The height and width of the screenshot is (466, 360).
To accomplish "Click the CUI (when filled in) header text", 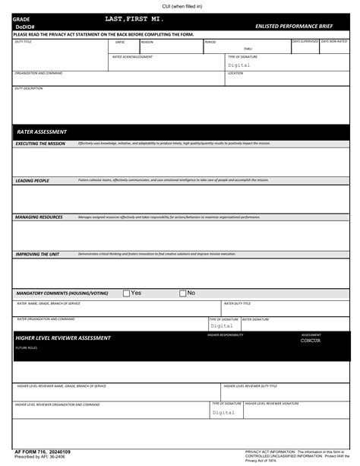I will [180, 6].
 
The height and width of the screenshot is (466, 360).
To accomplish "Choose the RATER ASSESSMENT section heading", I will [42, 132].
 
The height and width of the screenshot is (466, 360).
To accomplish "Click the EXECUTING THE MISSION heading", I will [40, 143].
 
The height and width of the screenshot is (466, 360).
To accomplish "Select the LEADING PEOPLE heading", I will [32, 181].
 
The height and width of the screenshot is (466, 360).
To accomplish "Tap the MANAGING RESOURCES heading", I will [39, 217].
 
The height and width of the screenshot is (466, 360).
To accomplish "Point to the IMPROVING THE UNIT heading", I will [38, 254].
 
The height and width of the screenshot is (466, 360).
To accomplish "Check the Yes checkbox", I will [126, 293].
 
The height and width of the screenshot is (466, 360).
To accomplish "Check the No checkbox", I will [183, 293].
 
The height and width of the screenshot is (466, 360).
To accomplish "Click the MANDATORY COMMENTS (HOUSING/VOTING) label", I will [62, 293].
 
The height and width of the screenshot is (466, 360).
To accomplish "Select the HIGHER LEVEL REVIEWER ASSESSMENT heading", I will [63, 338].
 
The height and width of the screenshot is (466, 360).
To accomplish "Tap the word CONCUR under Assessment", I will [311, 341].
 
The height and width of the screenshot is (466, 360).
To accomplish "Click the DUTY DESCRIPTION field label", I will [29, 89].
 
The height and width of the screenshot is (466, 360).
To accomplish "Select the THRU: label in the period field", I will [226, 49].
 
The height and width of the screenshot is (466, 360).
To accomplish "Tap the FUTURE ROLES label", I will [26, 347].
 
